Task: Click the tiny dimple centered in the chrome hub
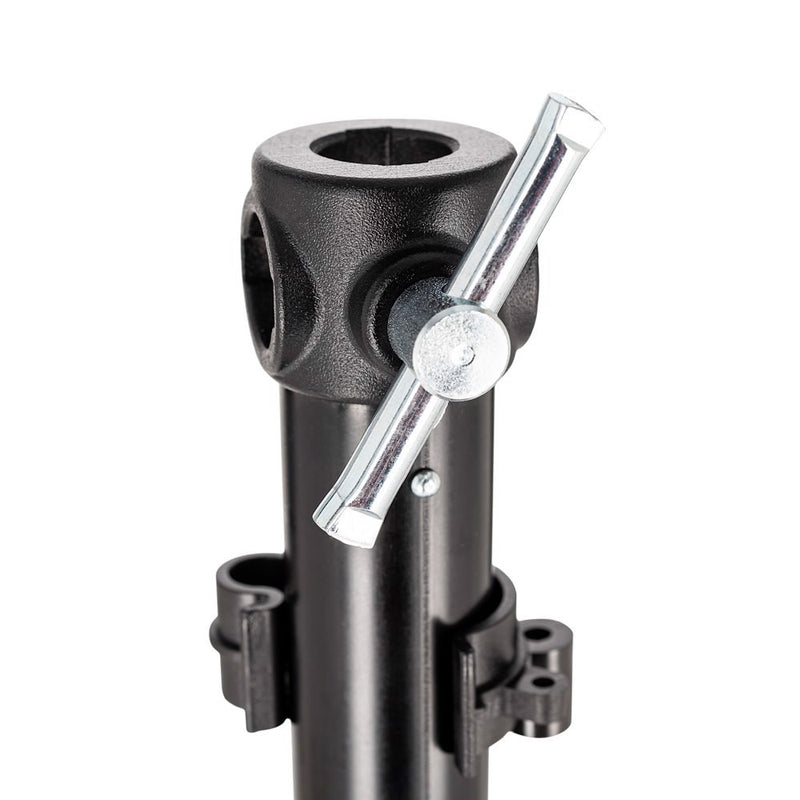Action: pyautogui.click(x=462, y=353)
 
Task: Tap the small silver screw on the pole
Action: pyautogui.click(x=426, y=484)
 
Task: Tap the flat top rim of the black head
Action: pyautogui.click(x=300, y=150)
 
